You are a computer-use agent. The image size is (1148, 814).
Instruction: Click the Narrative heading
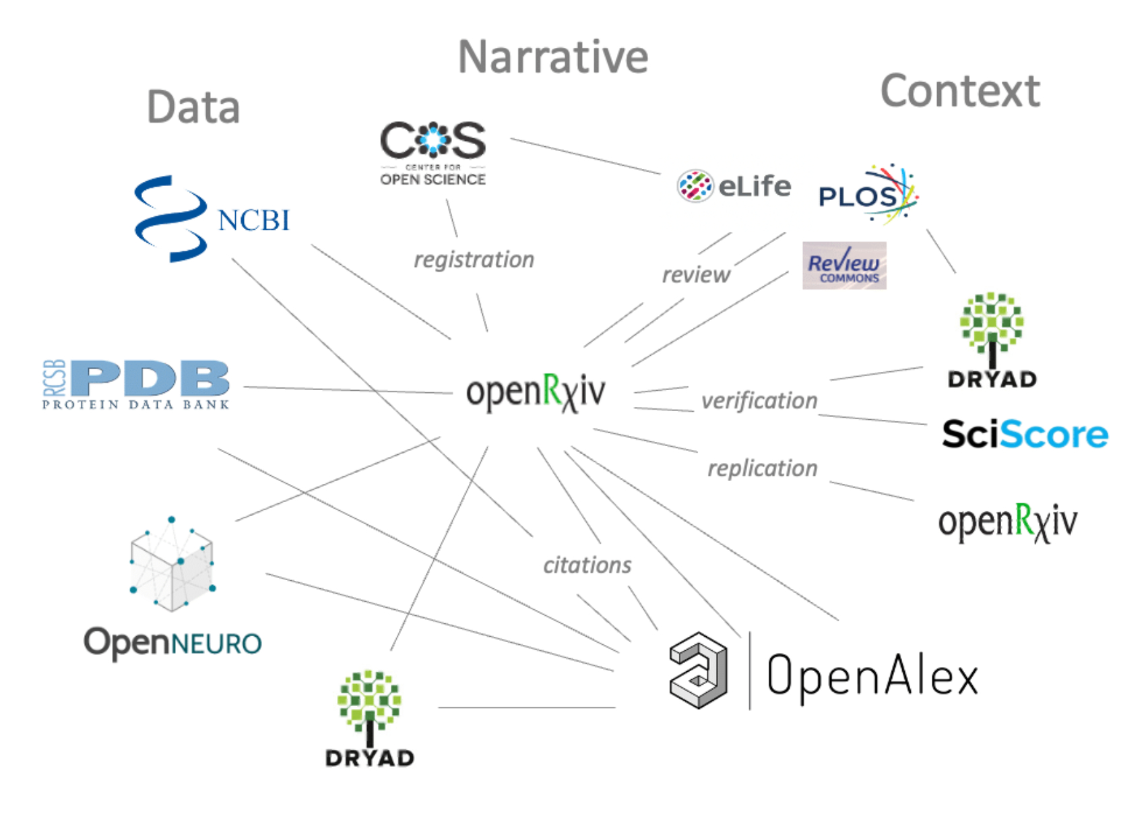pos(552,57)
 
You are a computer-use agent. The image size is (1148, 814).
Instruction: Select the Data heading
pos(193,108)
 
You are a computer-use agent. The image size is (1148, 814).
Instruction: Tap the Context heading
pos(960,92)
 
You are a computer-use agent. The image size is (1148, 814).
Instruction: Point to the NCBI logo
pos(212,219)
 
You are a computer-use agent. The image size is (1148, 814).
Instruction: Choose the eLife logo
pos(734,186)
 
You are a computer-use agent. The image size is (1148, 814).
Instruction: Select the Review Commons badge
pos(844,265)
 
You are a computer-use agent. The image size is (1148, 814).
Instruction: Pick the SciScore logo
pos(1025,434)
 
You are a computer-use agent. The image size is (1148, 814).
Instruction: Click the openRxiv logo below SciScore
pos(1008,522)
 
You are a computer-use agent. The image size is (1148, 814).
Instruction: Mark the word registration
pos(474,260)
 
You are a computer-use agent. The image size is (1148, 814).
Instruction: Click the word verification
pos(759,401)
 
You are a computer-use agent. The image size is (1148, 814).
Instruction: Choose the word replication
pos(762,468)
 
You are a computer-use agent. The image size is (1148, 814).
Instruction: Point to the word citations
pos(587,565)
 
